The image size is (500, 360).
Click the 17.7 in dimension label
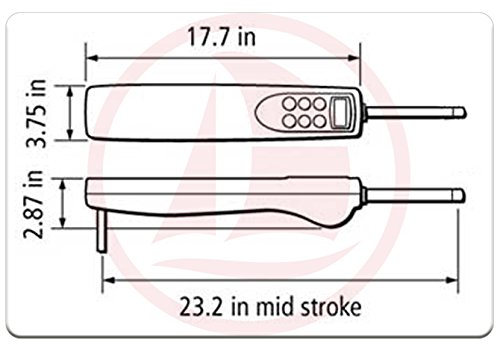(222, 37)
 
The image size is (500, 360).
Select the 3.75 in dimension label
(36, 113)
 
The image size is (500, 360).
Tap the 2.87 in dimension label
(33, 204)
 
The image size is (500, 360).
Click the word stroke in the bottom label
(331, 307)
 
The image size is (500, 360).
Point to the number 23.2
(201, 307)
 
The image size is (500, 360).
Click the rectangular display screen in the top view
(340, 112)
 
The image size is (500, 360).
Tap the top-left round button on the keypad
(289, 104)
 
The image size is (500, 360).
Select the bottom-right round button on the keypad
(319, 121)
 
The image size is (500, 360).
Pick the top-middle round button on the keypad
(304, 104)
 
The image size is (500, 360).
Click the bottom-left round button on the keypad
(289, 121)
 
